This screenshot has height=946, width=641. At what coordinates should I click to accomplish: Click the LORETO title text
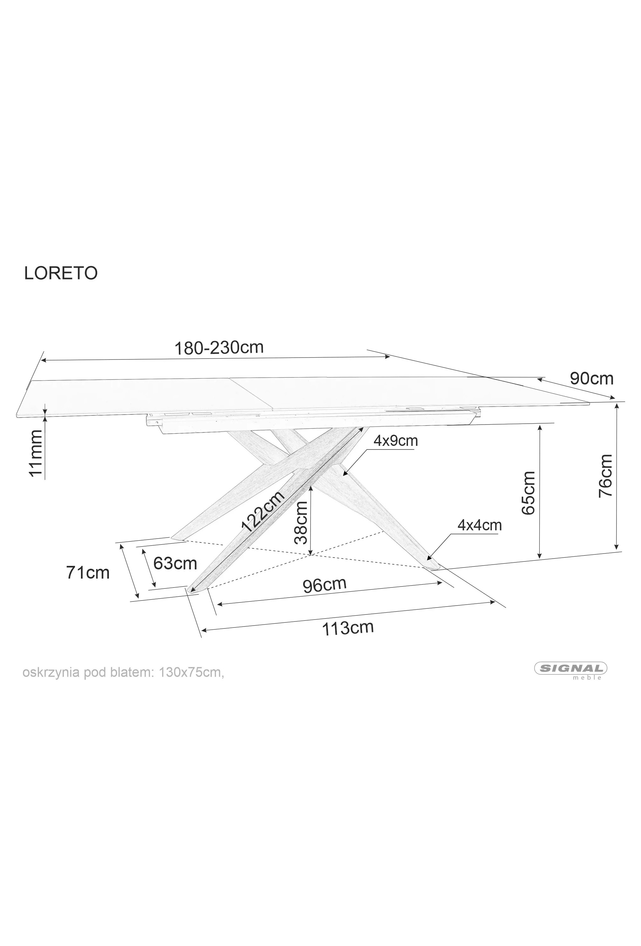click(x=61, y=273)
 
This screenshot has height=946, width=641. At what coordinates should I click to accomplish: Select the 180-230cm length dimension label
click(x=219, y=348)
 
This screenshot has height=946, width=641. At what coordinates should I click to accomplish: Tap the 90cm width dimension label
click(x=591, y=379)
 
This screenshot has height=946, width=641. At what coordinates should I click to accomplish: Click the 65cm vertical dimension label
click(x=528, y=493)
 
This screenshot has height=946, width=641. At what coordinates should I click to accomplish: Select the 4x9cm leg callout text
click(x=396, y=440)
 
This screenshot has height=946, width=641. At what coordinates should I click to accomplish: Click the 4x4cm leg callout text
click(x=479, y=525)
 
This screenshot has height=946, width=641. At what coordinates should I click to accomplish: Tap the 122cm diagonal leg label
click(x=263, y=511)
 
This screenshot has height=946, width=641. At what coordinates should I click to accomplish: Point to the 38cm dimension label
click(x=301, y=522)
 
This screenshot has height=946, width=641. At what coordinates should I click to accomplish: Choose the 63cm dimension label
click(x=175, y=563)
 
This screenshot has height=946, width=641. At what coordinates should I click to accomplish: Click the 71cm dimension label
click(x=88, y=573)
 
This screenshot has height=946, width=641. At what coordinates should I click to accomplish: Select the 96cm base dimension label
click(x=324, y=585)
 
